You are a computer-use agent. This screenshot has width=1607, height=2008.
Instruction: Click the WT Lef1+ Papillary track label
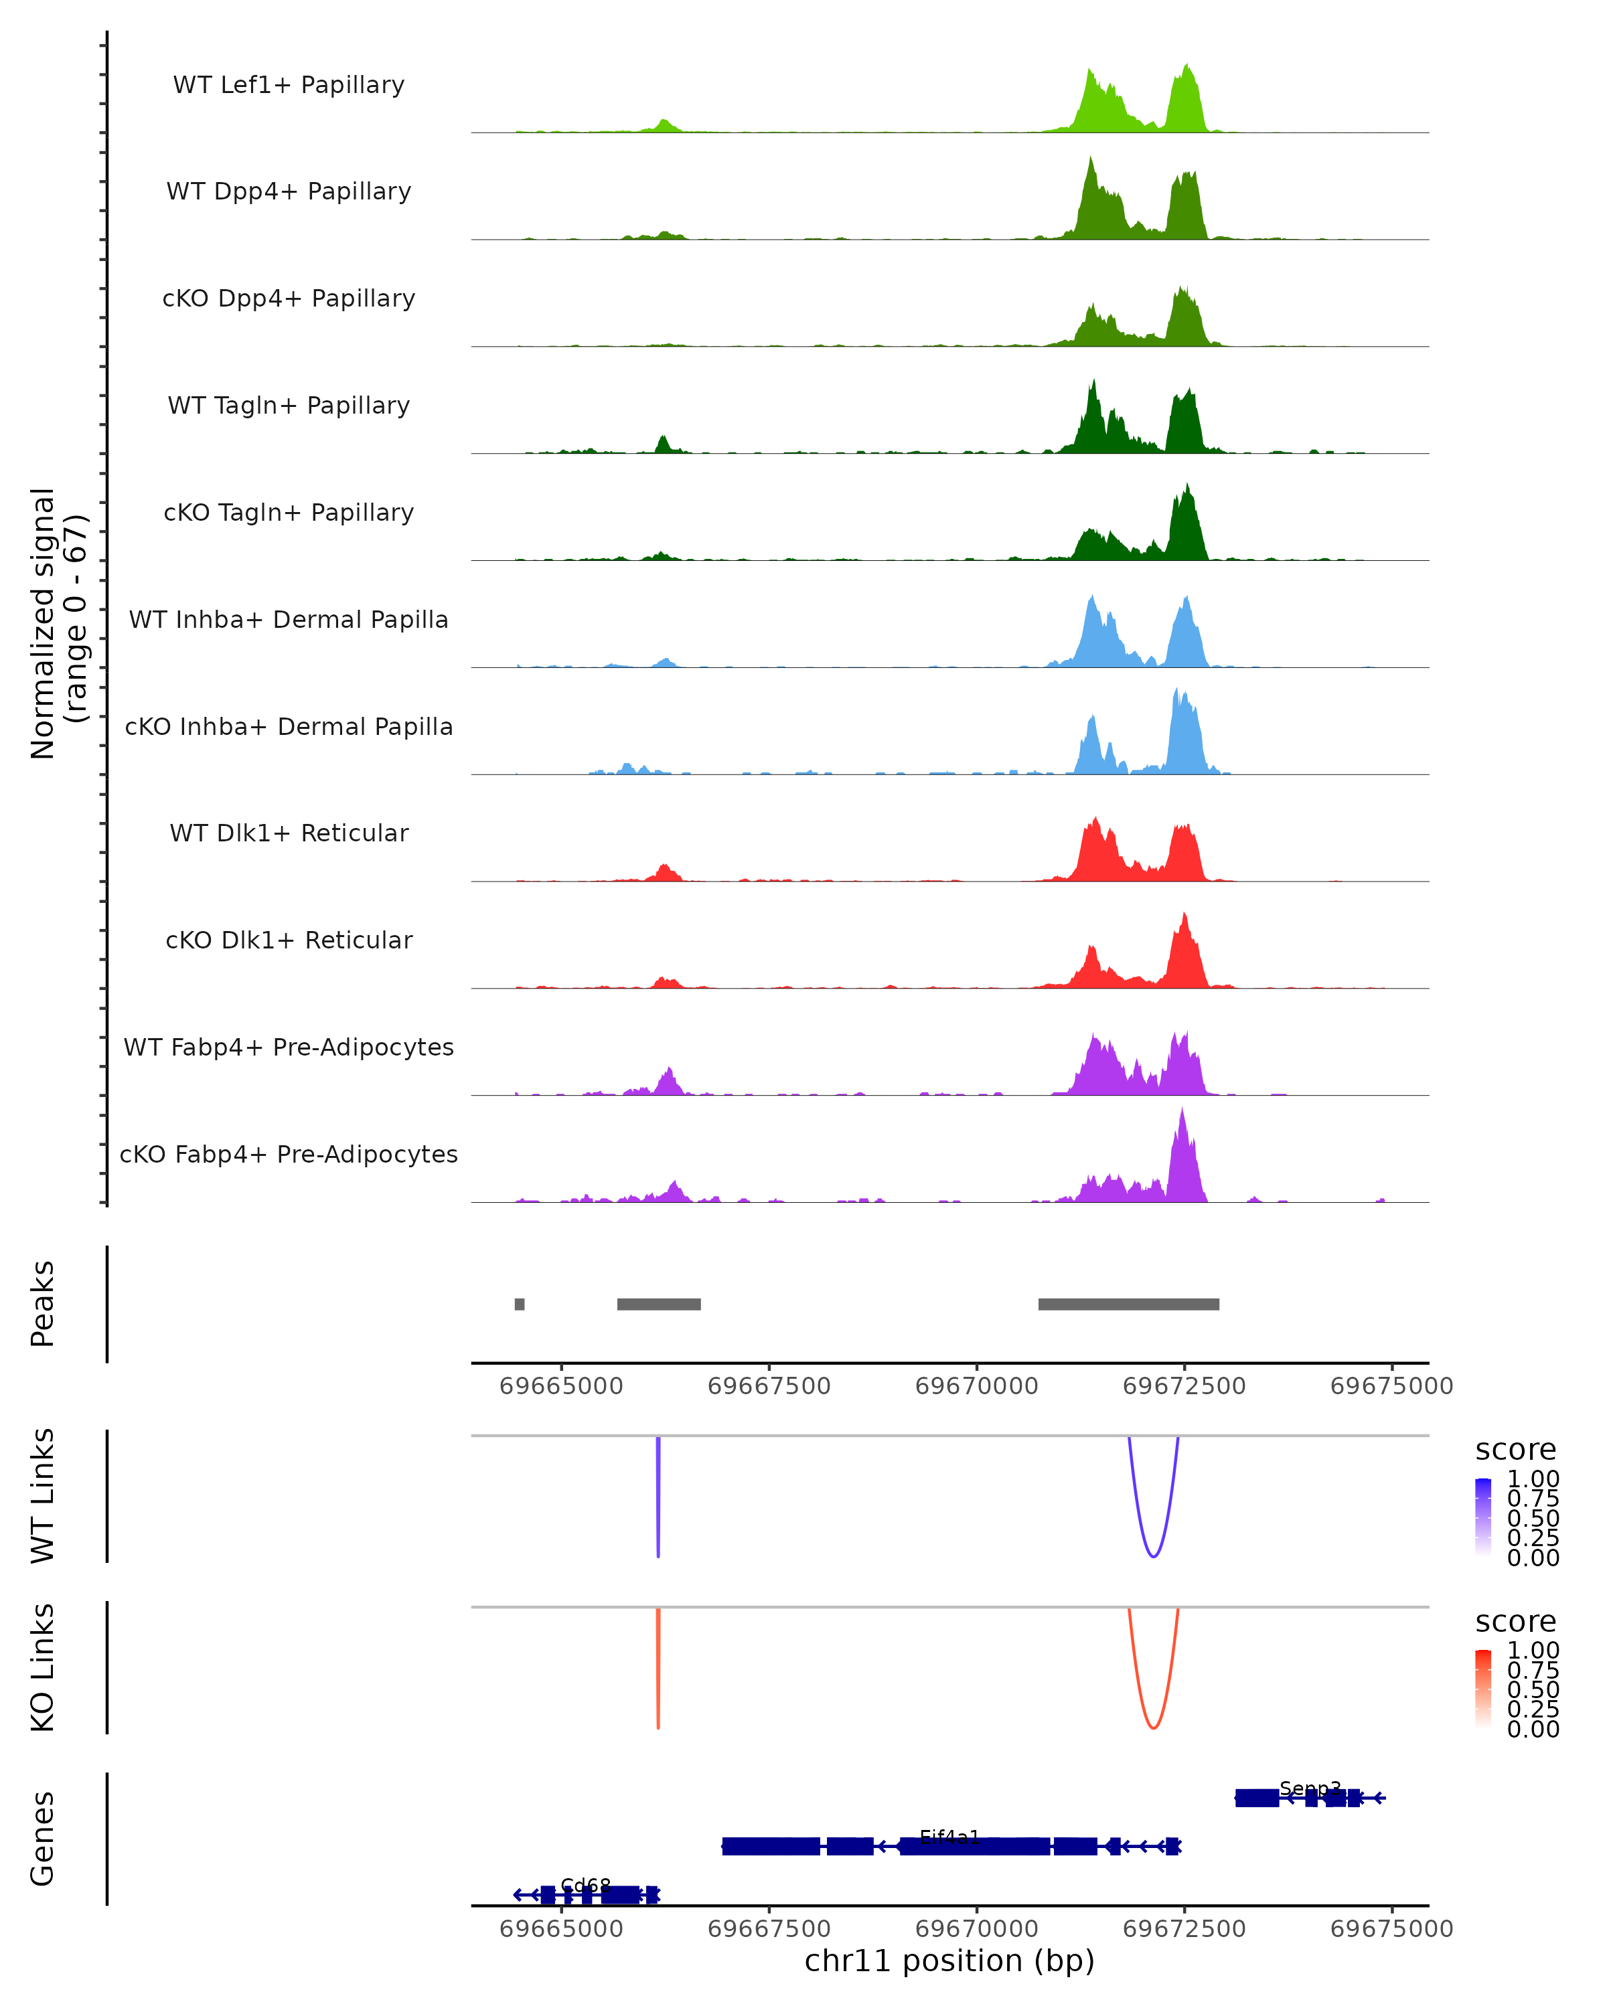(x=289, y=85)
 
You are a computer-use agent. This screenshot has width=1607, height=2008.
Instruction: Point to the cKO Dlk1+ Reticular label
(x=289, y=940)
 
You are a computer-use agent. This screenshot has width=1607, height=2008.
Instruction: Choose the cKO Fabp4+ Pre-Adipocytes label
(x=289, y=1154)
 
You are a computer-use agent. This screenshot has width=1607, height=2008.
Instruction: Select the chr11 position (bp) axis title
(x=949, y=1960)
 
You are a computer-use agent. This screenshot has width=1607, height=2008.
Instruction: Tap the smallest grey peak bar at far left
(x=520, y=1304)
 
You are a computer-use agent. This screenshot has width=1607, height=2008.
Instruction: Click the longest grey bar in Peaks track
(x=1128, y=1304)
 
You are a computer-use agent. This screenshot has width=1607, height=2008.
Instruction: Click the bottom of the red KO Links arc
(x=1153, y=1728)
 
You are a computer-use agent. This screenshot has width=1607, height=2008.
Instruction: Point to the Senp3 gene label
(x=1310, y=1788)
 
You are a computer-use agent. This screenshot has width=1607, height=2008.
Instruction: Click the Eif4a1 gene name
(x=949, y=1837)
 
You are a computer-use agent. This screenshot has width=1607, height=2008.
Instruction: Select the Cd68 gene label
(x=586, y=1885)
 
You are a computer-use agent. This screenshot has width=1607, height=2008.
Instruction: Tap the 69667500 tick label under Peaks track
(x=769, y=1386)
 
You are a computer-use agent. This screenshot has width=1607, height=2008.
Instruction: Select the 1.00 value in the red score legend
(x=1533, y=1651)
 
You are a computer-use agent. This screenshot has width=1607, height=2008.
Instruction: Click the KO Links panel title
(x=43, y=1667)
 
